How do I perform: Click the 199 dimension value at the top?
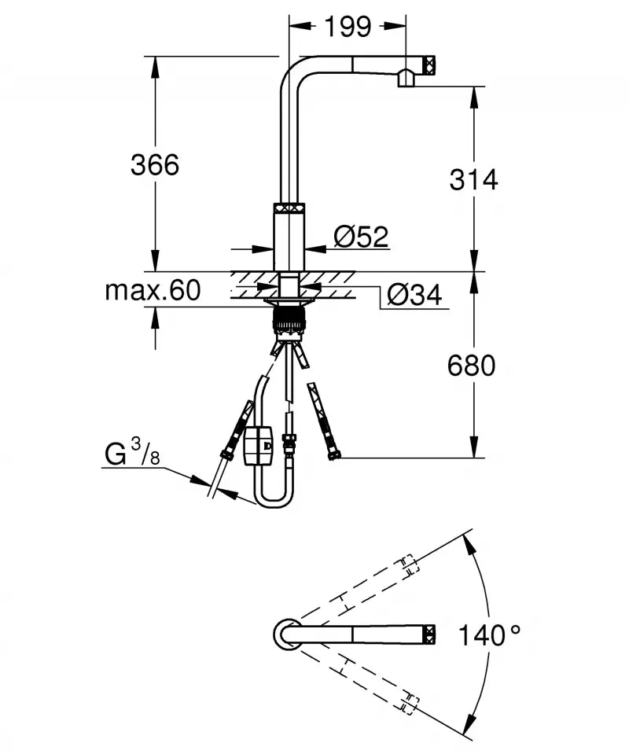point(348,27)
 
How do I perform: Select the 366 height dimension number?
point(155,165)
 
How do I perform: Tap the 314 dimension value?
point(473,179)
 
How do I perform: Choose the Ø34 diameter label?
point(414,295)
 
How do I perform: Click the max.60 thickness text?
point(153,291)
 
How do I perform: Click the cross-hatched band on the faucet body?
point(289,208)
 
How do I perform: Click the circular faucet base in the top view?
point(286,634)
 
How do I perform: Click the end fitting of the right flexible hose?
point(333,453)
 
